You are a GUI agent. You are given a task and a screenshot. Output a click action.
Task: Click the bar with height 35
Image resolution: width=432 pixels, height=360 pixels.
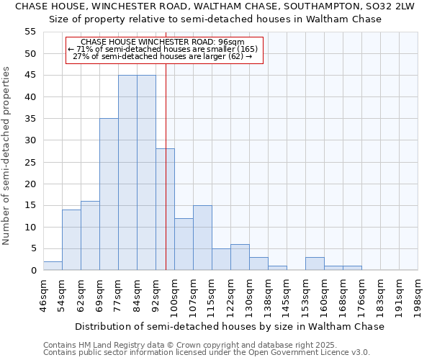pyautogui.click(x=109, y=194)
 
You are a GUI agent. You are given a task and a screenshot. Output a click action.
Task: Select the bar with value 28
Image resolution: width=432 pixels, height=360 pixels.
pyautogui.click(x=165, y=210)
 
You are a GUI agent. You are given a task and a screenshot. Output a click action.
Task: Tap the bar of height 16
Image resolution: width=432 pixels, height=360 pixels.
pyautogui.click(x=90, y=235)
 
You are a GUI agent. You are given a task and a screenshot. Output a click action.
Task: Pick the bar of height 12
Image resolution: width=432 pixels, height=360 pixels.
pyautogui.click(x=184, y=244)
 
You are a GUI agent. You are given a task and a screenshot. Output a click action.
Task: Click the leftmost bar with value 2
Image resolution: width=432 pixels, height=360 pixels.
pyautogui.click(x=53, y=266)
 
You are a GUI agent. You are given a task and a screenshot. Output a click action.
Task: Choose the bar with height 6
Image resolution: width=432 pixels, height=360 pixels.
pyautogui.click(x=240, y=257)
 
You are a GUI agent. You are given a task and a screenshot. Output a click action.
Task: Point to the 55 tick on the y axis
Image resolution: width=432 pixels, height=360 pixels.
pyautogui.click(x=30, y=32)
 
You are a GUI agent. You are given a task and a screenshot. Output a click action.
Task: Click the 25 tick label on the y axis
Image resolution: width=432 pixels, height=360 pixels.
pyautogui.click(x=30, y=162)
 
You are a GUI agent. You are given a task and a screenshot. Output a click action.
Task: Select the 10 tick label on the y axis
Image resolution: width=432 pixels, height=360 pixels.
pyautogui.click(x=30, y=227)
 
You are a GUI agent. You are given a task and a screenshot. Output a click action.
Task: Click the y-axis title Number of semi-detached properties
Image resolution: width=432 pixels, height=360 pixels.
pyautogui.click(x=6, y=156)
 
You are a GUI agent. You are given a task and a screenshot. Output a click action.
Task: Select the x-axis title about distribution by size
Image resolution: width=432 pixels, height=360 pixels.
pyautogui.click(x=230, y=326)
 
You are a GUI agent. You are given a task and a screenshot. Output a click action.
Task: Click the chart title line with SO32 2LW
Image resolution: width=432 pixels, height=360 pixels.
pyautogui.click(x=215, y=6)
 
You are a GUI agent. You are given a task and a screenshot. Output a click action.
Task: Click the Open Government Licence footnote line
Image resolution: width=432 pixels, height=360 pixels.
pyautogui.click(x=207, y=352)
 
